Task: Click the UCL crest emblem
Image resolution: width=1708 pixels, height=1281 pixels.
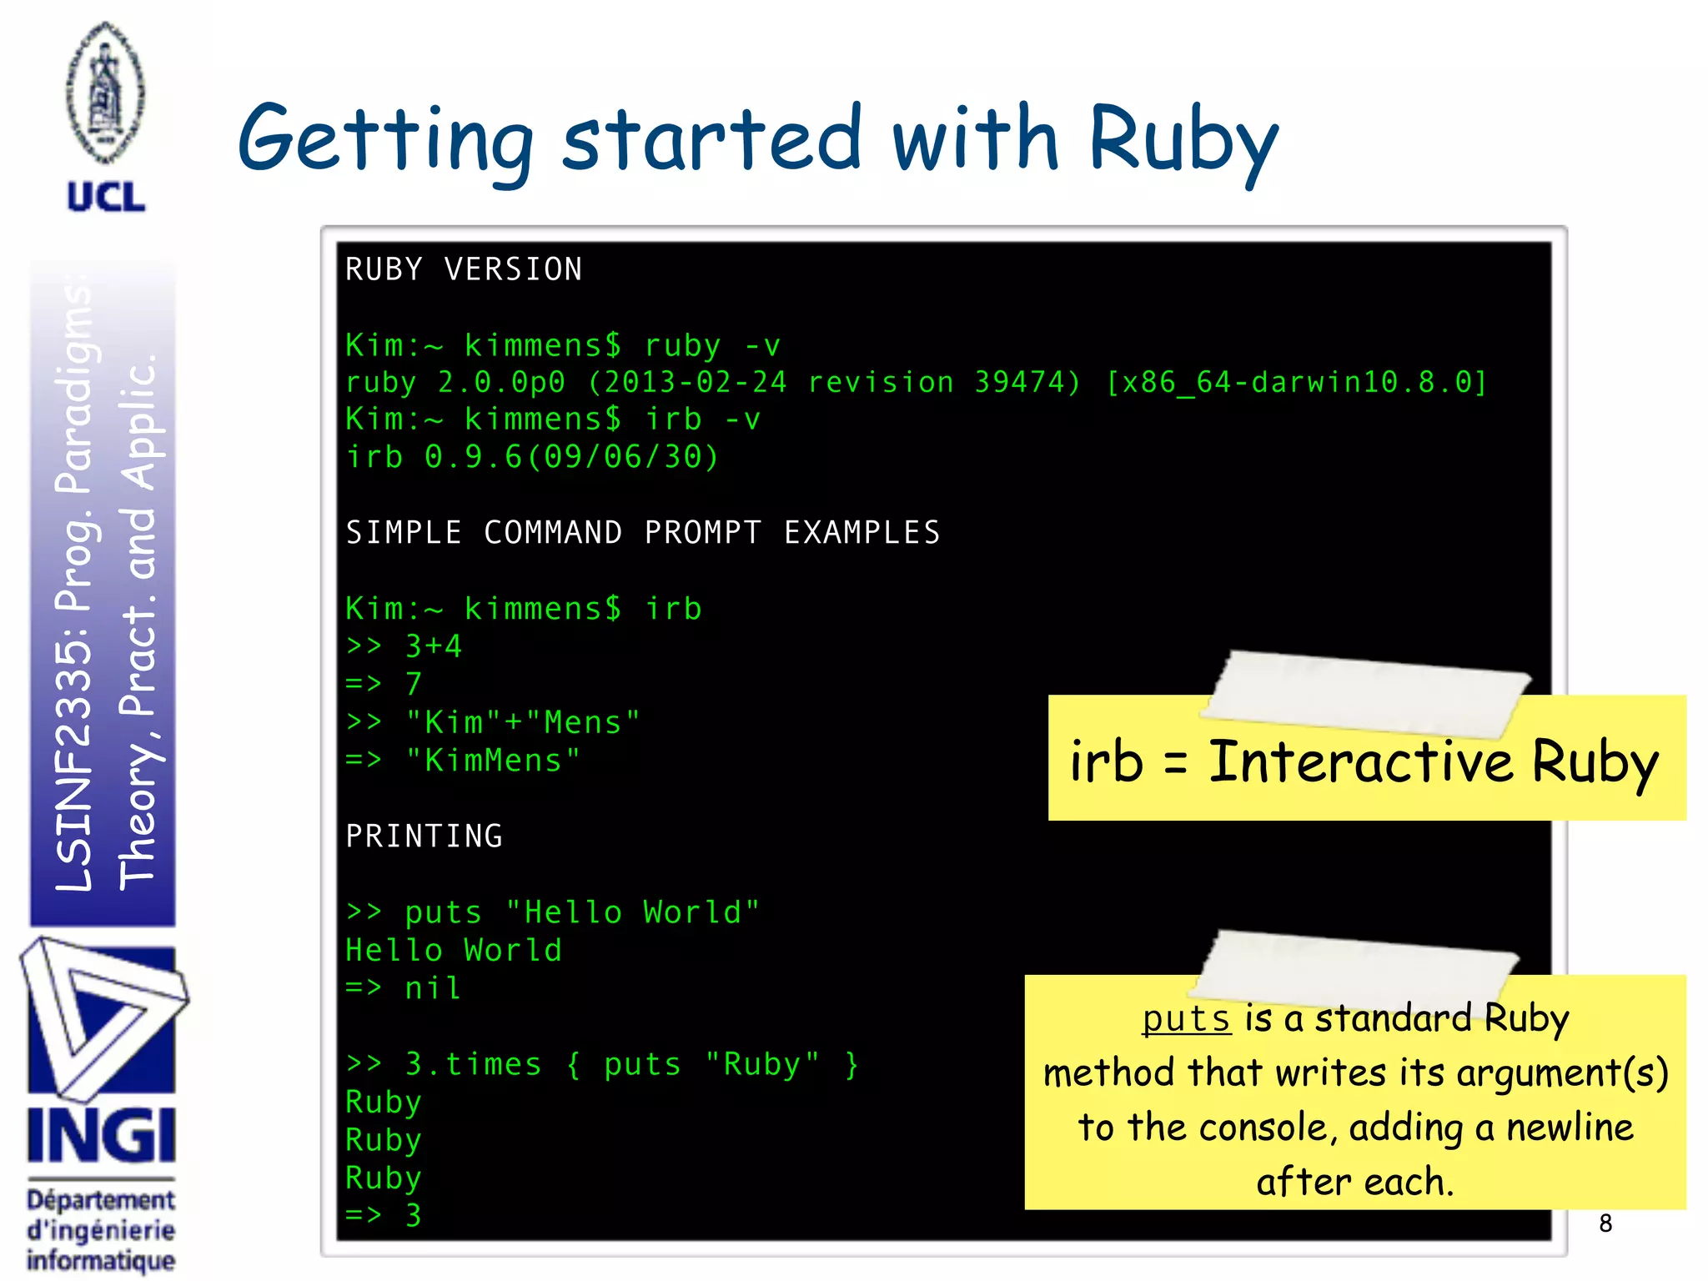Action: point(105,93)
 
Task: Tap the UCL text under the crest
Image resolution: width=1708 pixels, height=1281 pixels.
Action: point(106,198)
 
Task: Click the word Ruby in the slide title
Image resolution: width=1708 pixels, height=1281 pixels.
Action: point(1183,140)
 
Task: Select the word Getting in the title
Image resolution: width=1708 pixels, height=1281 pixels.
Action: point(384,140)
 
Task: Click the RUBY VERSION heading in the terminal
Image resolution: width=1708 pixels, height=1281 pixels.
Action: point(464,269)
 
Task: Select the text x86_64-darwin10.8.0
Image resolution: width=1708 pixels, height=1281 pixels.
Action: point(1296,382)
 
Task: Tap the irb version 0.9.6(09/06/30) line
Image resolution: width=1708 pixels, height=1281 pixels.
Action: point(532,457)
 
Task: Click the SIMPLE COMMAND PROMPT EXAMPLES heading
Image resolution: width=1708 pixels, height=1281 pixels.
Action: point(643,533)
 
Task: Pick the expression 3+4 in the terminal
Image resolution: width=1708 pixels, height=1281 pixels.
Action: point(433,646)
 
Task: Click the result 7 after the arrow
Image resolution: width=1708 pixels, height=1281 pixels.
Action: point(414,684)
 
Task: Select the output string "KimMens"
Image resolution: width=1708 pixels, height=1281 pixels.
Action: point(492,761)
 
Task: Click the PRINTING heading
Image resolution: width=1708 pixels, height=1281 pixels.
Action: point(424,836)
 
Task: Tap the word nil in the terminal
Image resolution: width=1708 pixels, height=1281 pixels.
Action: point(433,988)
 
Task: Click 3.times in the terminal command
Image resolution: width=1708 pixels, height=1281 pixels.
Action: point(473,1064)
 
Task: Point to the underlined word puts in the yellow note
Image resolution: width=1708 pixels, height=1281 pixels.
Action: point(1186,1019)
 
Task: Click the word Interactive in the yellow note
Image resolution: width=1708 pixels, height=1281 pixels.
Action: point(1360,762)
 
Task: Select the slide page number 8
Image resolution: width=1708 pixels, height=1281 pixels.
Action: point(1605,1223)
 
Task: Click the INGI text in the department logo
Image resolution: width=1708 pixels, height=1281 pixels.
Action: point(101,1135)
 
